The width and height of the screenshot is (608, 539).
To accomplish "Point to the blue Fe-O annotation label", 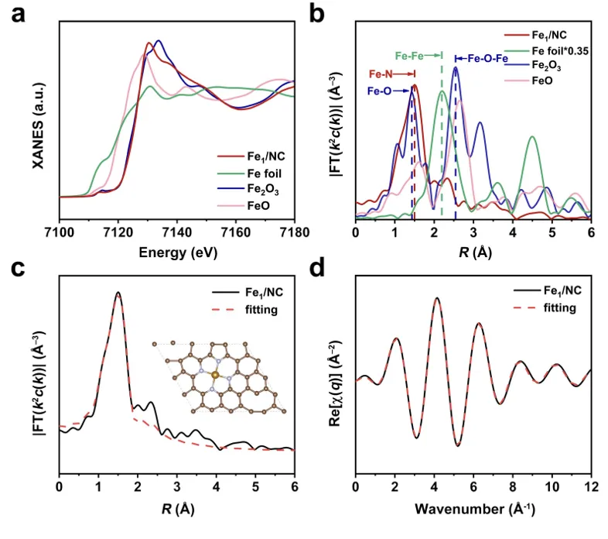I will pyautogui.click(x=376, y=91).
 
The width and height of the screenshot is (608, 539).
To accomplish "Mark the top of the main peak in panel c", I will pyautogui.click(x=118, y=293).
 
